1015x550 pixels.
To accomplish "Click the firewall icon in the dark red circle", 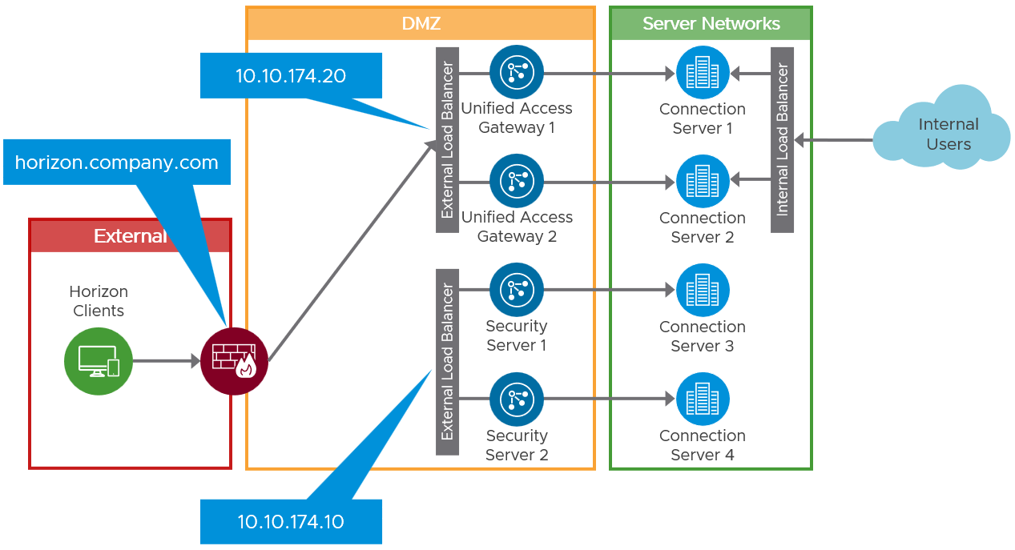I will pos(234,361).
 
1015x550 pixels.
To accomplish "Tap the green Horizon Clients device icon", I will pos(98,361).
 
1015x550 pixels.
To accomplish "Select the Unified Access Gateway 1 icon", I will pos(517,72).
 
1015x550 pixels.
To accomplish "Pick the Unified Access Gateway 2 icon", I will pos(517,181).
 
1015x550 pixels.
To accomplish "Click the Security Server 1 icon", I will pos(517,290).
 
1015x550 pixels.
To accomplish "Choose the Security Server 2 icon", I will pos(517,399).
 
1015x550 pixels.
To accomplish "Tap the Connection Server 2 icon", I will pos(703,182).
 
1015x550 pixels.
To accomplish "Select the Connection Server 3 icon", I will pos(703,291).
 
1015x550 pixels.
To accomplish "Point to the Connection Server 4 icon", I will pos(703,399).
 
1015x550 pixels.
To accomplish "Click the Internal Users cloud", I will pos(945,132).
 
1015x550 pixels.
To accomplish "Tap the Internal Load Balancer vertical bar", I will pos(782,140).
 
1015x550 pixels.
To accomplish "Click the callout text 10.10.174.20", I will pos(290,76).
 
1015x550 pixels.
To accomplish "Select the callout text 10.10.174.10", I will pos(290,522).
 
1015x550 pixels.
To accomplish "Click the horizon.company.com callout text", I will pos(117,163).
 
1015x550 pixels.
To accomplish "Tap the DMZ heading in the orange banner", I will pos(421,24).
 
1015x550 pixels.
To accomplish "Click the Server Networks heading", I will pos(711,24).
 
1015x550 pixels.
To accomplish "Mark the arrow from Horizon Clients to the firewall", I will pos(165,361).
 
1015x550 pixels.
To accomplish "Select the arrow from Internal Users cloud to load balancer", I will pos(833,140).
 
